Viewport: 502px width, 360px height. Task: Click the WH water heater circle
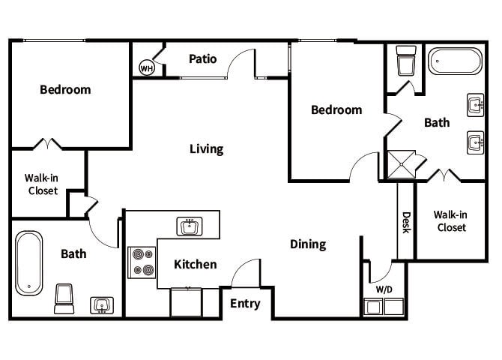pos(146,67)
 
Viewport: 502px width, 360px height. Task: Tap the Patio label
pos(203,58)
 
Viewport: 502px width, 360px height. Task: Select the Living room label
pos(206,148)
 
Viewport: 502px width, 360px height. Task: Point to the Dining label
pos(308,244)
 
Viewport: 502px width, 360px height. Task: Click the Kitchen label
pos(195,264)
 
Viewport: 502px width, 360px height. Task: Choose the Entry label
pos(245,303)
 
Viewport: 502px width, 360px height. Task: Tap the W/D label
pos(382,289)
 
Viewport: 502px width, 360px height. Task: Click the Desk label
pos(406,222)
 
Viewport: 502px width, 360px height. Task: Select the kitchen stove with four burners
pos(142,262)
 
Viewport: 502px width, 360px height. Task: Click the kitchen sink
pos(190,226)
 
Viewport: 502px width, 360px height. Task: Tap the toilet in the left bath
pos(64,298)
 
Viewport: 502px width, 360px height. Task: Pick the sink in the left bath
pos(102,304)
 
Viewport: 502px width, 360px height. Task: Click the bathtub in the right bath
pos(456,62)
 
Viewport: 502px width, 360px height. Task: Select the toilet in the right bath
pos(405,62)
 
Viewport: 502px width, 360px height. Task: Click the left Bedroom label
pos(65,90)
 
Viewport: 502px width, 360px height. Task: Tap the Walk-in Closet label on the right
pos(451,220)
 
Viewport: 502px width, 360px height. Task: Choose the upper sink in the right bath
pos(475,105)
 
